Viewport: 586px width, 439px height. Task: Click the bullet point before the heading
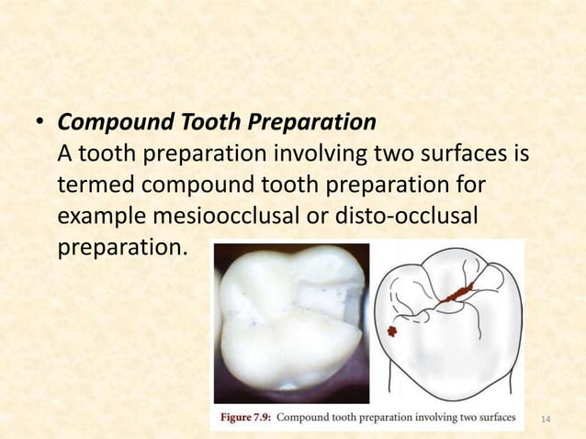40,124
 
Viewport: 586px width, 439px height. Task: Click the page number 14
546,420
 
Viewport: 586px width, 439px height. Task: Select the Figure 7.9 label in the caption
241,419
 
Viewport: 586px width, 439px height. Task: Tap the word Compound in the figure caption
306,419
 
